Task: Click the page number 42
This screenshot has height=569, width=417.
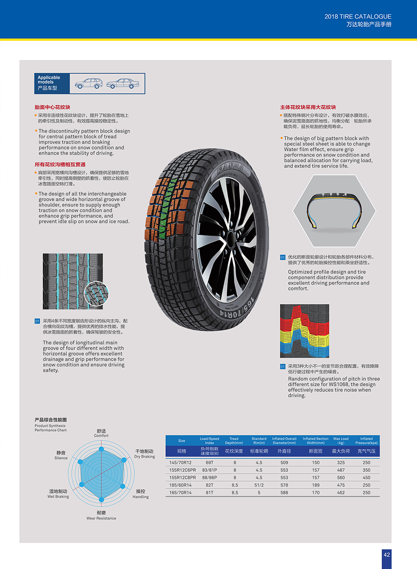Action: coord(387,555)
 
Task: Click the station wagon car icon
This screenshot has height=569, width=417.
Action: coord(88,83)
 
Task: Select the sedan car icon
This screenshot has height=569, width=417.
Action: coord(123,83)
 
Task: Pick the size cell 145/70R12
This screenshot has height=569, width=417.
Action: coord(180,463)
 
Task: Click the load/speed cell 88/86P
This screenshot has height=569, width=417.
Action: coord(209,477)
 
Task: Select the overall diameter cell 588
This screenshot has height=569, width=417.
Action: coord(284,493)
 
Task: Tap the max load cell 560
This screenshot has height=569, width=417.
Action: coord(341,477)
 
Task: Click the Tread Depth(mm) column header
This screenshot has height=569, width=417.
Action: coord(234,441)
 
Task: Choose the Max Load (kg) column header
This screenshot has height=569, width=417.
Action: coord(341,441)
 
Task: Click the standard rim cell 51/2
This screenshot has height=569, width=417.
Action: coord(259,485)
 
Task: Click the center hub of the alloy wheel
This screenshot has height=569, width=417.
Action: coord(230,235)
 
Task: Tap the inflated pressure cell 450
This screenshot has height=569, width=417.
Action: coord(366,477)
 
